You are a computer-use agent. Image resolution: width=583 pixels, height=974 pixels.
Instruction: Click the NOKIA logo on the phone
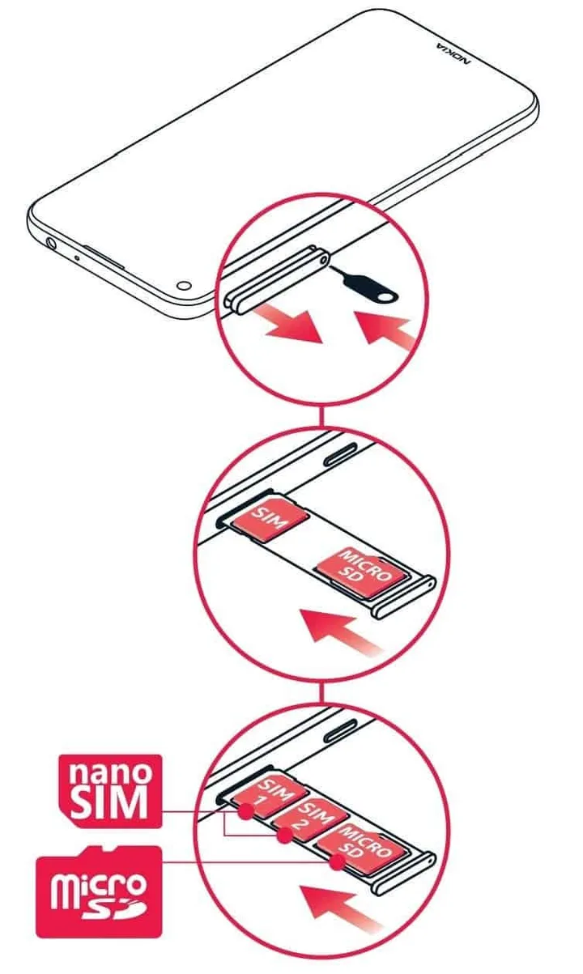(x=453, y=54)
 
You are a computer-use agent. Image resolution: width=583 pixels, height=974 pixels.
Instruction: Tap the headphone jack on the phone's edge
(x=50, y=242)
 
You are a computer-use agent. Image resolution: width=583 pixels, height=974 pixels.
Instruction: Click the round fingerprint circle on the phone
(x=185, y=286)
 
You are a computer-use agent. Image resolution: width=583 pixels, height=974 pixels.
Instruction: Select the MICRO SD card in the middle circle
(x=362, y=572)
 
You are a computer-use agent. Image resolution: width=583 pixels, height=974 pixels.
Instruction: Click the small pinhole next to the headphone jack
(x=77, y=257)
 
